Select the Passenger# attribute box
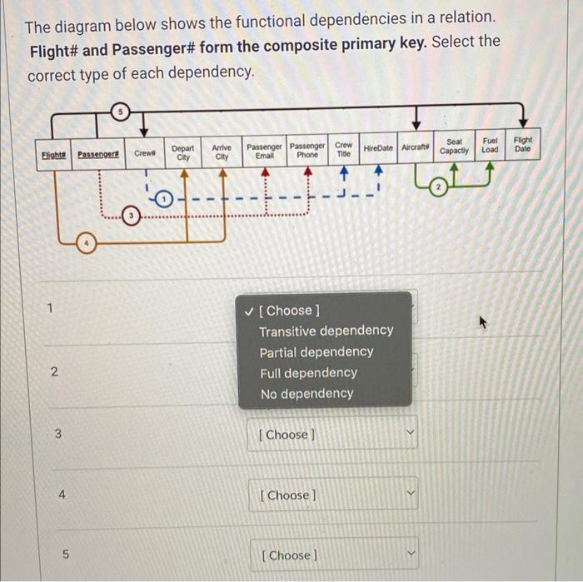click(x=98, y=154)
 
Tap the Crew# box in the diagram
click(x=145, y=153)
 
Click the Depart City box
click(x=183, y=152)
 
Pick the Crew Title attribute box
click(x=343, y=149)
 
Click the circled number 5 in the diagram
click(x=121, y=112)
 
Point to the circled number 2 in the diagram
click(x=439, y=190)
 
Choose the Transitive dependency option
click(x=326, y=331)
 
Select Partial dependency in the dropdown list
click(x=316, y=351)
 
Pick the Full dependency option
click(x=307, y=373)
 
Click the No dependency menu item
click(x=306, y=394)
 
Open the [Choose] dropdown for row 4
click(x=331, y=495)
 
